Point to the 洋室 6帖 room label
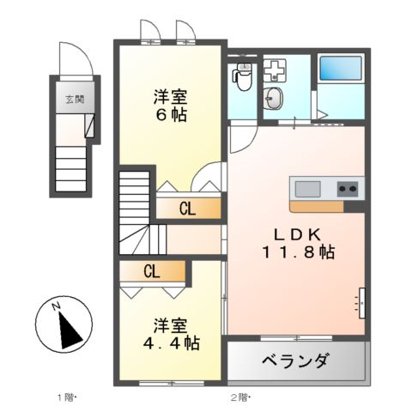(x=171, y=105)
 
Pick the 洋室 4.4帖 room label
(x=171, y=334)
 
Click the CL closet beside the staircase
(x=187, y=208)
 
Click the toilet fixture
(x=242, y=78)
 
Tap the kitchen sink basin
(x=307, y=188)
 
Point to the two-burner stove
(x=348, y=188)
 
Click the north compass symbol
(x=61, y=326)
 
